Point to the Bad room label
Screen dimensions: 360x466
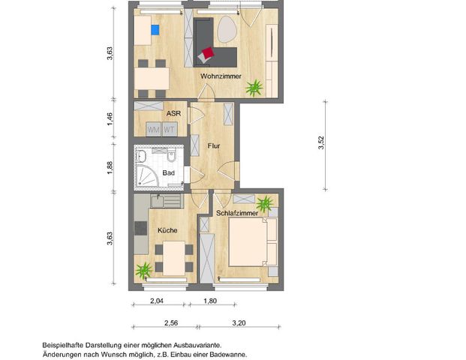coord(169,174)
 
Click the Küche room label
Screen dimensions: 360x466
coord(167,230)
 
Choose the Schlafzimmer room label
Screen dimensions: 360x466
coord(237,214)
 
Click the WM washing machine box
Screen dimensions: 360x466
coord(154,129)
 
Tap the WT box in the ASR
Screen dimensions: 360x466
coord(170,129)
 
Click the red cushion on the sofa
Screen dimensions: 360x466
coord(207,53)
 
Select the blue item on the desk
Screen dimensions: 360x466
coord(155,31)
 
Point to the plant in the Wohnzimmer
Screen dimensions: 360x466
coord(255,88)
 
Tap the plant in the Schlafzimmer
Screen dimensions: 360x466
coord(265,203)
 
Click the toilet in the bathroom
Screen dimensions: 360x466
coord(171,157)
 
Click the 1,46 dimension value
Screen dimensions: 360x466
coord(110,118)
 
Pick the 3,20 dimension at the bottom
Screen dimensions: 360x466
coord(239,323)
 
